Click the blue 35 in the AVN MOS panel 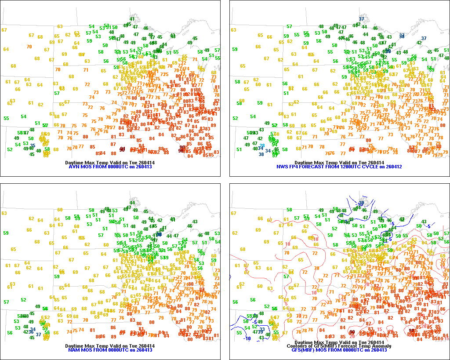[33, 145]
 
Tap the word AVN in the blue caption [74, 167]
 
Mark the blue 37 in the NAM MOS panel [38, 334]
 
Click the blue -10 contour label [247, 338]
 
